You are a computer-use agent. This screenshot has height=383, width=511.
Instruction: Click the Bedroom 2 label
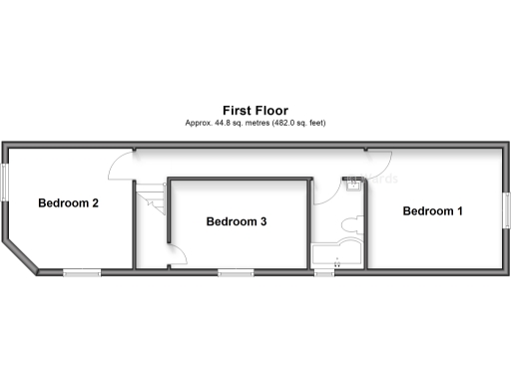(x=68, y=204)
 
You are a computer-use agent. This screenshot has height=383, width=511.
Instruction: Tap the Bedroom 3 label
(x=236, y=221)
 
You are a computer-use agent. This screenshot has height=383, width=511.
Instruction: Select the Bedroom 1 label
(x=432, y=211)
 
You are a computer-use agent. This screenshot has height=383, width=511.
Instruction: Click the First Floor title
(x=255, y=110)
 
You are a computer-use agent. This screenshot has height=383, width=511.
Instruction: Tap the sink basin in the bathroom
(x=353, y=183)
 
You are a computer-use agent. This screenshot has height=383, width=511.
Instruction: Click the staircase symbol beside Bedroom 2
(x=149, y=200)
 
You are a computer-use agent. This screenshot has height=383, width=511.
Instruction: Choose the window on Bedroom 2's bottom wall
(x=81, y=271)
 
